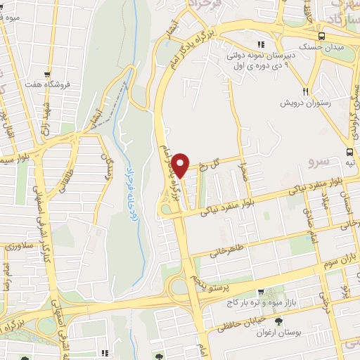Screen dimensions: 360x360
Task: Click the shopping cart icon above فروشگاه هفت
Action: [48, 73]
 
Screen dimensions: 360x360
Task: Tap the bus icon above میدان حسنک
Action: [321, 36]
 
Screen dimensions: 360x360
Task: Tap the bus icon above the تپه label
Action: [349, 151]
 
